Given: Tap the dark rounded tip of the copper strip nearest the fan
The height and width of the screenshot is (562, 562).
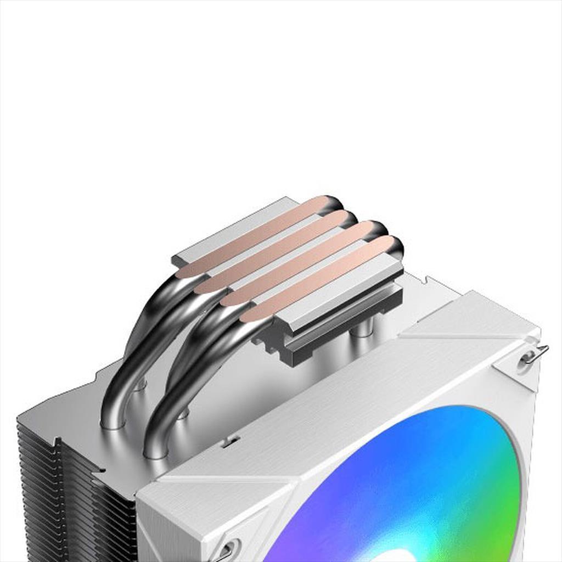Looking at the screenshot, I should (x=395, y=247).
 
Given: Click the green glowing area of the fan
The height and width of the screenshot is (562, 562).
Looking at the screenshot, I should (x=494, y=483).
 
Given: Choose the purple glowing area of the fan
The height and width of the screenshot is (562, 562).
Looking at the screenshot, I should (x=307, y=527).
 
